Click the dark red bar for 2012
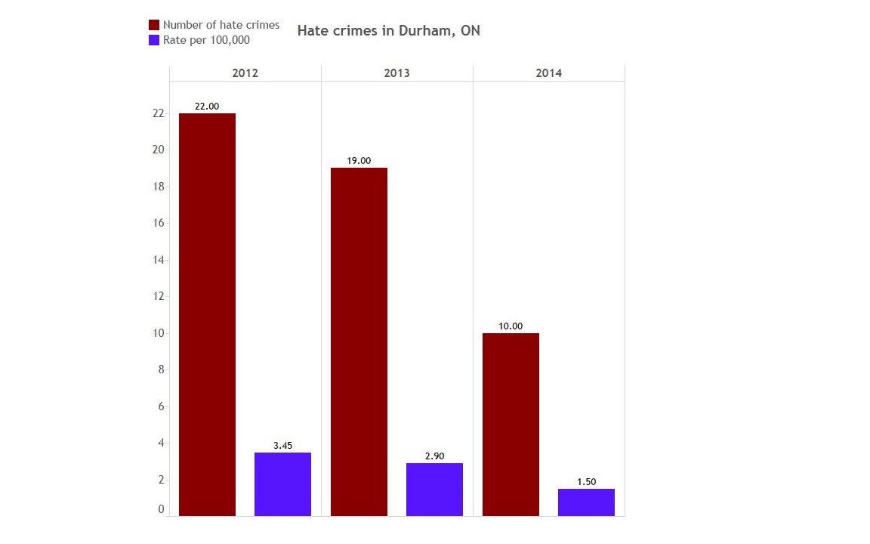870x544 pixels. (x=207, y=314)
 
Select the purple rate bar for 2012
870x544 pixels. (x=282, y=484)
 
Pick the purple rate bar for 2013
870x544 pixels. (x=434, y=490)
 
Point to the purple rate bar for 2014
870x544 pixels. (x=586, y=502)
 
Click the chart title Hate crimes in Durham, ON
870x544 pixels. (x=388, y=31)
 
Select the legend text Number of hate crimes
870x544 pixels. (x=221, y=25)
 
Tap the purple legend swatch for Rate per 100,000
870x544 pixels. (x=155, y=40)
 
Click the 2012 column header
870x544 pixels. (x=245, y=73)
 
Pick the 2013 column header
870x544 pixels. (x=397, y=73)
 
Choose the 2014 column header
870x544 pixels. (x=549, y=73)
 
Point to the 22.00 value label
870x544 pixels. (x=207, y=107)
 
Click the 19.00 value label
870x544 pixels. (x=359, y=161)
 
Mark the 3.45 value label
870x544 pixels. (x=282, y=446)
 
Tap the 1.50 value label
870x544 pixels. (x=586, y=482)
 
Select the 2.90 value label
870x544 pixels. (x=434, y=456)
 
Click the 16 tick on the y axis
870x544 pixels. (x=159, y=223)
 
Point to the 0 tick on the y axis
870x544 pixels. (x=161, y=509)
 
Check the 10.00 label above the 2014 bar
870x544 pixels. (x=511, y=326)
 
